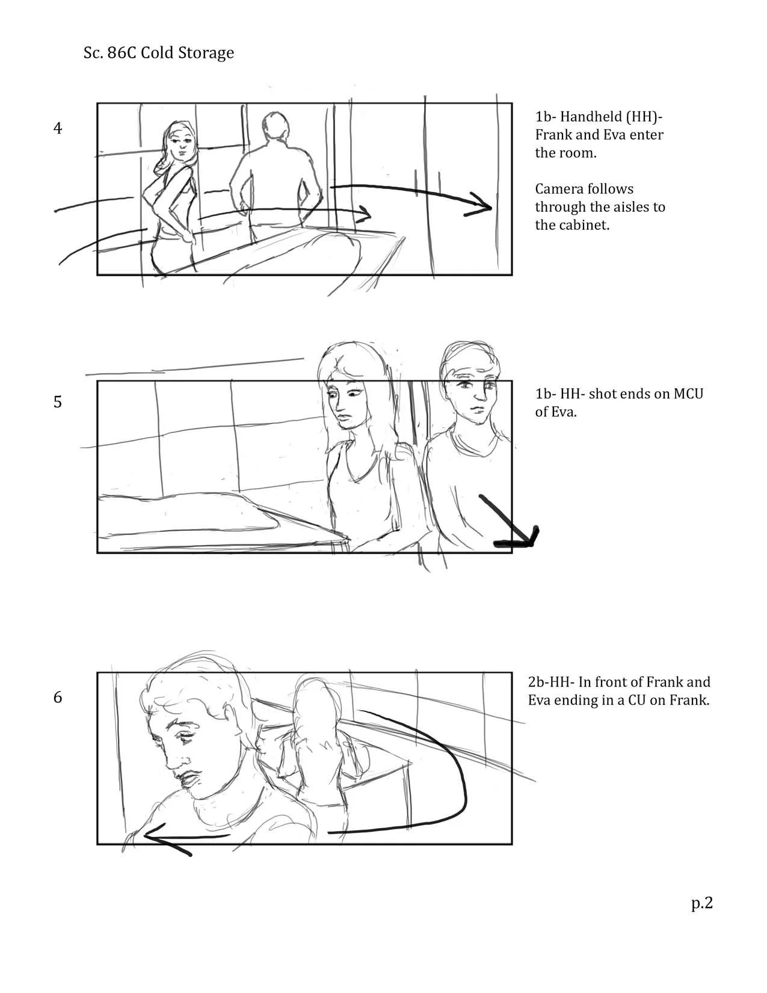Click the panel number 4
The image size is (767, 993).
58,128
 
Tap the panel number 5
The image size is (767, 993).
58,401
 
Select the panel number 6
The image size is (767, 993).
58,697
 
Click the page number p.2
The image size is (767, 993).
701,904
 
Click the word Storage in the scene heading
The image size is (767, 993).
206,54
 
